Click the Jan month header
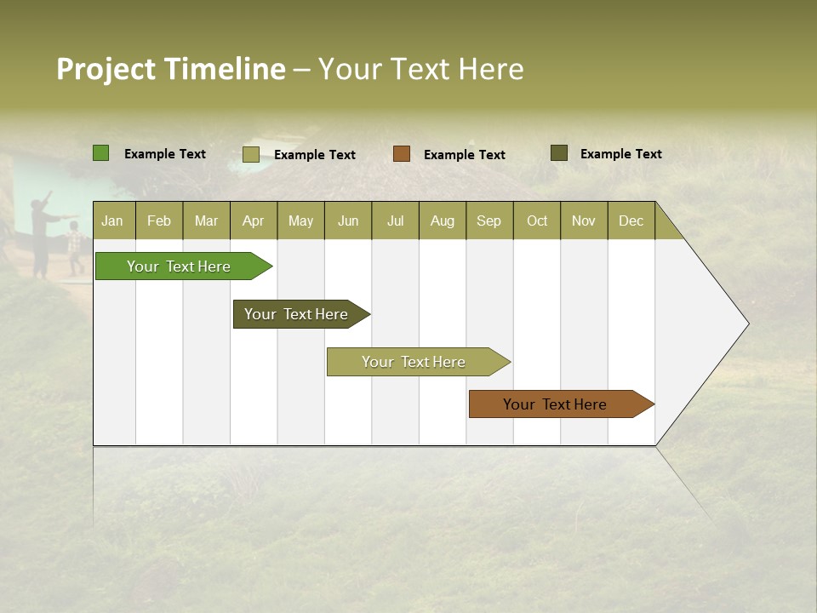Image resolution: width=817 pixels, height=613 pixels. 113,221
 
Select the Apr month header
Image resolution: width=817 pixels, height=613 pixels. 254,221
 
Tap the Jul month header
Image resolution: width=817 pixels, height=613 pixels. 396,221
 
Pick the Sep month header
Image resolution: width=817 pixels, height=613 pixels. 489,221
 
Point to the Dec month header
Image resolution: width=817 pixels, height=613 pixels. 631,221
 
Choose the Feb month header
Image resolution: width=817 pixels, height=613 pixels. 159,221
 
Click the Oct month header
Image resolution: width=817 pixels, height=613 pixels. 537,221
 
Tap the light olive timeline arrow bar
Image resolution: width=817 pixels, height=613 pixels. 414,362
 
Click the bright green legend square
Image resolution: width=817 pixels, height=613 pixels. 101,153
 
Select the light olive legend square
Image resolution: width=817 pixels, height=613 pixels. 251,154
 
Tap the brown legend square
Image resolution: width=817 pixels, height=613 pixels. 402,154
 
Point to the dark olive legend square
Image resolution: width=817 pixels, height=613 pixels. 559,153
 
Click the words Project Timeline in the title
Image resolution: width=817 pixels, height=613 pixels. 170,69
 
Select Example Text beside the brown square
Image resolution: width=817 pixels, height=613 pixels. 465,155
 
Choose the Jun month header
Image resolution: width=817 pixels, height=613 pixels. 348,221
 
